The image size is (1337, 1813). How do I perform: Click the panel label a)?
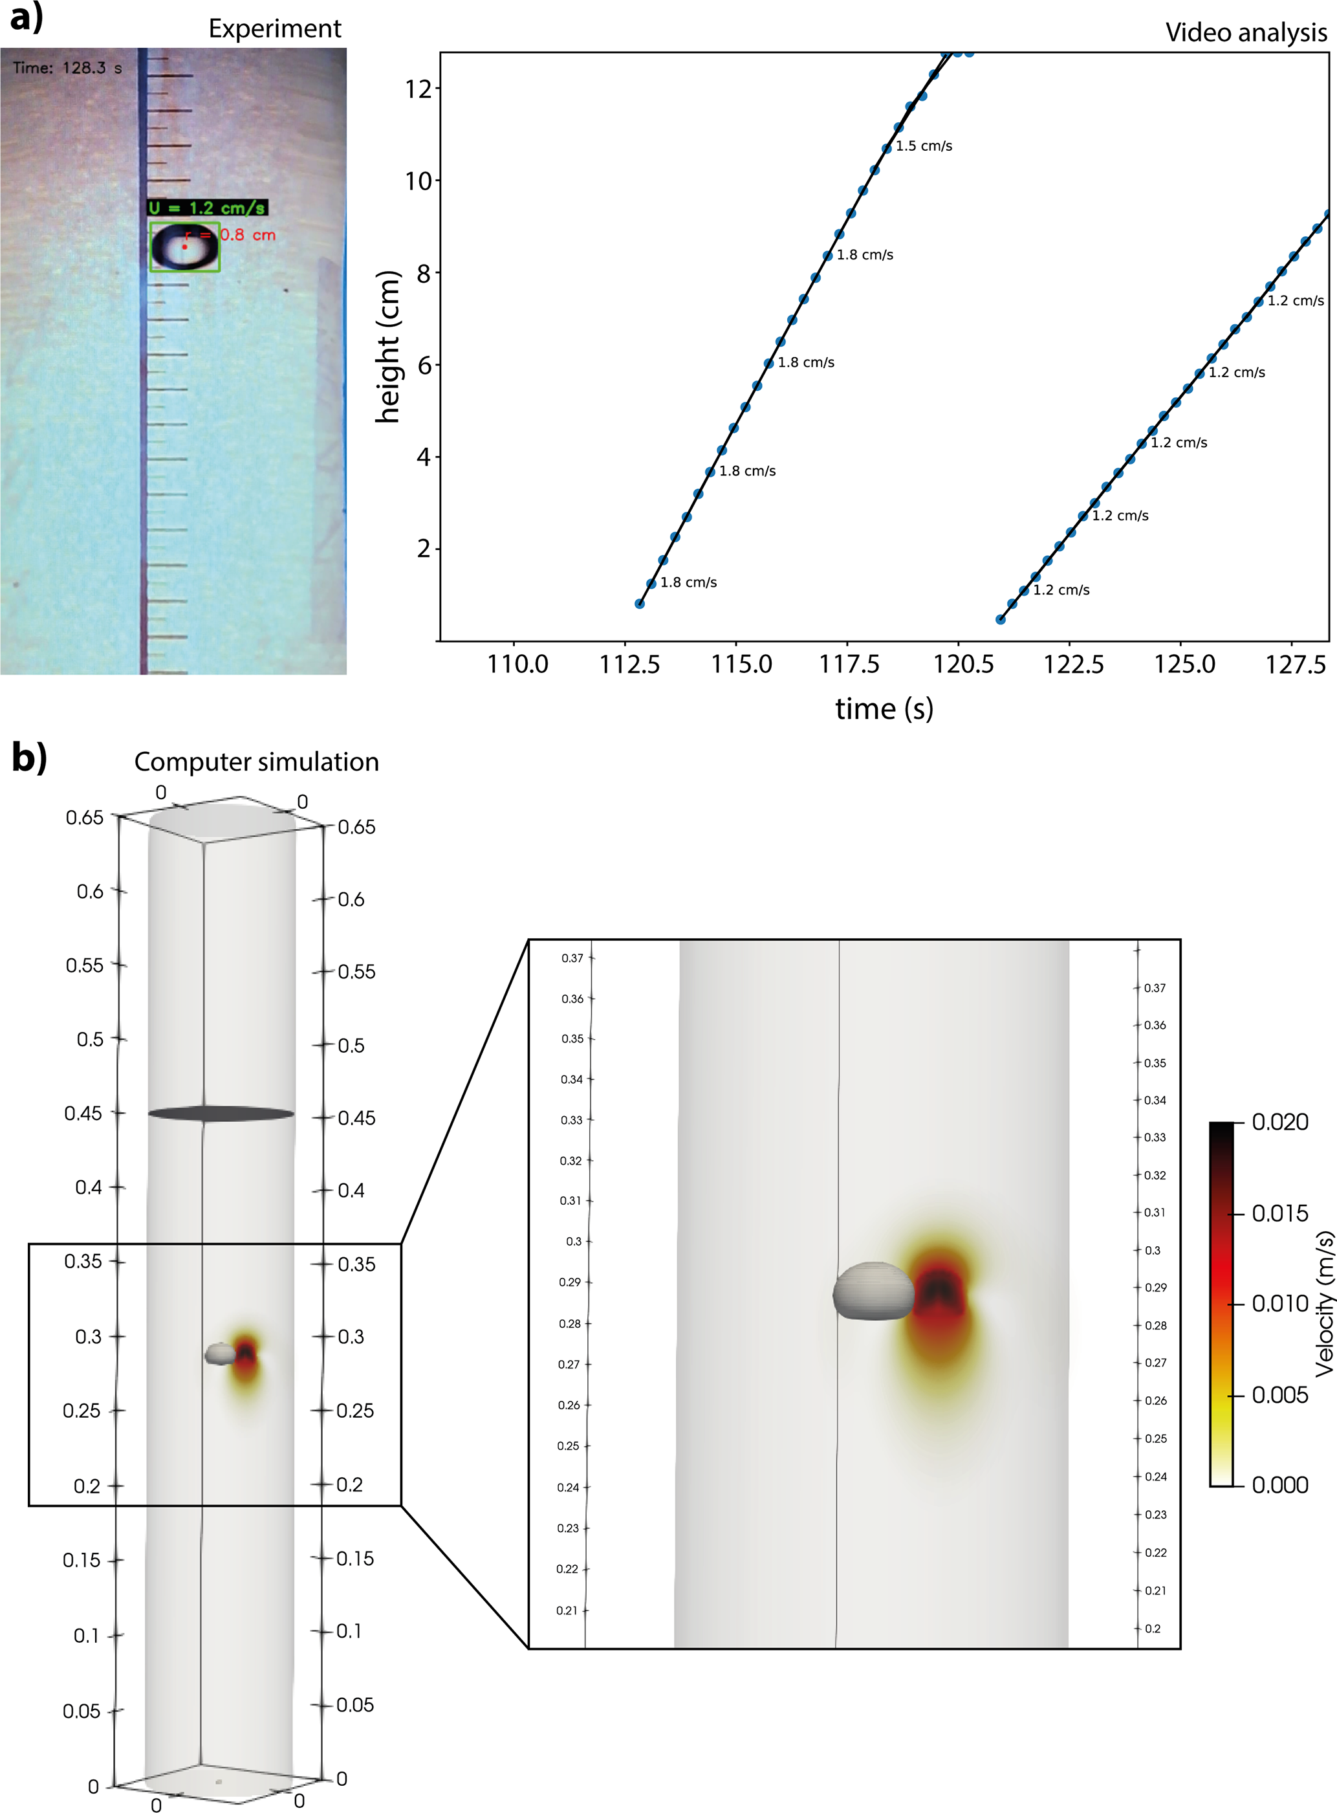click(26, 18)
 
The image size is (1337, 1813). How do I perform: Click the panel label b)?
click(29, 758)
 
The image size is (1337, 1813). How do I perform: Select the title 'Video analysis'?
click(1246, 32)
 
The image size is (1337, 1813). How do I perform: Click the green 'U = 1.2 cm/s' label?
click(207, 208)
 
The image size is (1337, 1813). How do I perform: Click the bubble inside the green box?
click(184, 247)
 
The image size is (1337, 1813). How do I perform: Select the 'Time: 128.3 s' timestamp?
click(67, 68)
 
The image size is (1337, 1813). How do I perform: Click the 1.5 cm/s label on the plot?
click(924, 146)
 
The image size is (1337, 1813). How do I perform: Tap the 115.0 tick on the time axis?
click(741, 665)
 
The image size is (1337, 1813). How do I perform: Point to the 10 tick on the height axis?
click(418, 181)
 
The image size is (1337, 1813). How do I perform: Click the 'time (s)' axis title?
click(884, 709)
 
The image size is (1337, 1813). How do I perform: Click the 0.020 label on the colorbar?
click(1279, 1122)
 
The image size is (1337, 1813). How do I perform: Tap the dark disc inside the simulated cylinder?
click(221, 1114)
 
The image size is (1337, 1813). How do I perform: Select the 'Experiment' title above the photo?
click(274, 28)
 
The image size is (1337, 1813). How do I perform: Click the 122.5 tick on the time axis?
click(1073, 665)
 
